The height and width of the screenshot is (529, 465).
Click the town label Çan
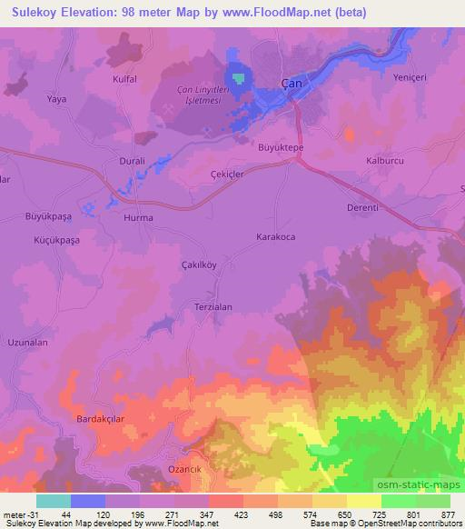tap(291, 84)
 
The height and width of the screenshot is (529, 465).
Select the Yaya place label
tap(57, 98)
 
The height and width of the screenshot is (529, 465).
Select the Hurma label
tap(137, 218)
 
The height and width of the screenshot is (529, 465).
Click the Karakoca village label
tap(275, 236)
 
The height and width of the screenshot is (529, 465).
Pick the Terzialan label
tap(213, 307)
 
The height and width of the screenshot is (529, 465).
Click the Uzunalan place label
tap(26, 343)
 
